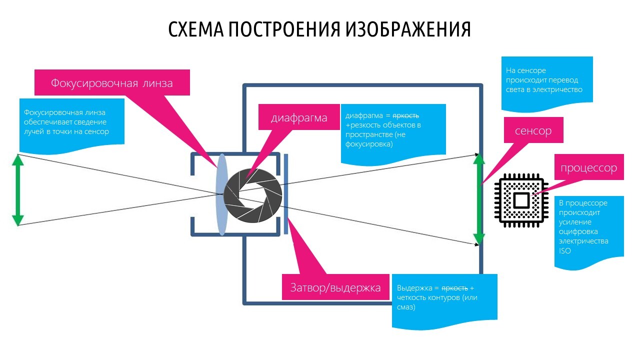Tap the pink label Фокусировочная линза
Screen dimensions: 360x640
(112, 82)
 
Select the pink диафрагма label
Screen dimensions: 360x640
(299, 118)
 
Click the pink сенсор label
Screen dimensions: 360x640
(533, 131)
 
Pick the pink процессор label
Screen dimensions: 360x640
(588, 167)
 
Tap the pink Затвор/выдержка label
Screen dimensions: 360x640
(335, 287)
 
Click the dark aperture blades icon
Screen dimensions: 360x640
(252, 193)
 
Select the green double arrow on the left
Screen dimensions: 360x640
(18, 190)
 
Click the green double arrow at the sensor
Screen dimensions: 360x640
(479, 199)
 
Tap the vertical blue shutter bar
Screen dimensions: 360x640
(285, 194)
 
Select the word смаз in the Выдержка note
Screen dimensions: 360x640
(406, 307)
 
